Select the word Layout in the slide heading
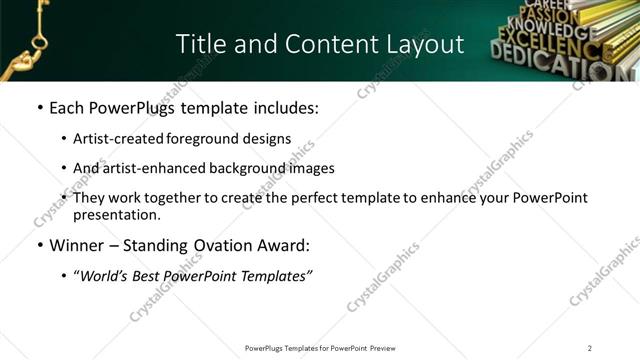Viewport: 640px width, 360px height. click(427, 44)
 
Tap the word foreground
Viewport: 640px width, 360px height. click(199, 138)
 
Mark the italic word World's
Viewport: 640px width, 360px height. click(107, 275)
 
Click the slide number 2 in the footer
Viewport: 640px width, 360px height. click(590, 348)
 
